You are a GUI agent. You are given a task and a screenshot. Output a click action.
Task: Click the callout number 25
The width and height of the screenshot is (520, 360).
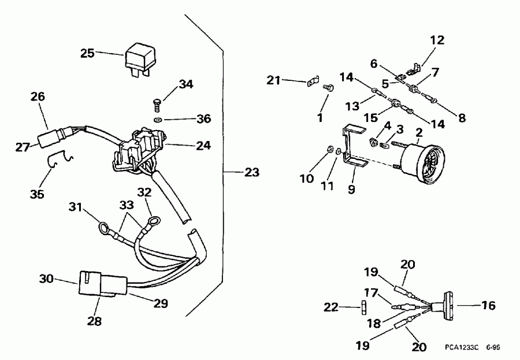click(x=87, y=53)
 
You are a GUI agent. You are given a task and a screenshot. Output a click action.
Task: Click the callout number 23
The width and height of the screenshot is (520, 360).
click(x=252, y=172)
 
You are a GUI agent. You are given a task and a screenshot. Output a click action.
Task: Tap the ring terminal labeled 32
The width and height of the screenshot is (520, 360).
click(x=154, y=220)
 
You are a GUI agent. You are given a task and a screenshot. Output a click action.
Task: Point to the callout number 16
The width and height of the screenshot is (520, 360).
click(x=488, y=306)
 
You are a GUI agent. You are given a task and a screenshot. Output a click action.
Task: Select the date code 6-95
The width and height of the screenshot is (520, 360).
click(x=493, y=348)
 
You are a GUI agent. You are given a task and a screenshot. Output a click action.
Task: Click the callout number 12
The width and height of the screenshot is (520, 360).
click(x=437, y=40)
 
